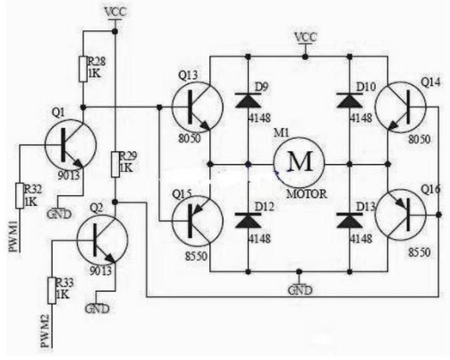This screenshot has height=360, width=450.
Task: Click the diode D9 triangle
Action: (248, 100)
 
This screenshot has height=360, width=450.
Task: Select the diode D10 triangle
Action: (350, 100)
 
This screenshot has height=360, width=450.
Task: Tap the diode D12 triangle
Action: (248, 221)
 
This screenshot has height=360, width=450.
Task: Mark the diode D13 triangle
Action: (350, 221)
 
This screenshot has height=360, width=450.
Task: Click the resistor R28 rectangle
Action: (83, 69)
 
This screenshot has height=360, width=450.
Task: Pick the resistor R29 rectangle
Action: (115, 165)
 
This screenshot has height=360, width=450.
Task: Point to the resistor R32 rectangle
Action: (20, 195)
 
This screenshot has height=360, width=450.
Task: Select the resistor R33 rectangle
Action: (52, 291)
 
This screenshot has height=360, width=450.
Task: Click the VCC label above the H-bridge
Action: (305, 38)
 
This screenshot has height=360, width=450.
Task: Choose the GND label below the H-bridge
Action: (300, 290)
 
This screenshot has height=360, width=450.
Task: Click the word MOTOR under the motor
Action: (307, 194)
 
